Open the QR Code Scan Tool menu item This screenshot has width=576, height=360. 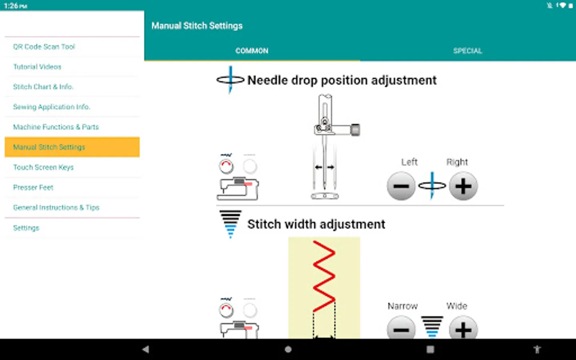click(x=44, y=47)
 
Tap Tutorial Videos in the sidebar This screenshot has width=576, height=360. click(x=37, y=67)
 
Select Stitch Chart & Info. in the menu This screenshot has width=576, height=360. click(x=43, y=87)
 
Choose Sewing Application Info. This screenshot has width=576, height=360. click(x=52, y=107)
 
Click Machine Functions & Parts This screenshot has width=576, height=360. click(x=56, y=127)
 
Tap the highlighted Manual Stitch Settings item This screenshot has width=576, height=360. click(x=72, y=147)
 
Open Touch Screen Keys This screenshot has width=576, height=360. click(x=43, y=167)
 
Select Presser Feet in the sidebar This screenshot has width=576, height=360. click(x=33, y=187)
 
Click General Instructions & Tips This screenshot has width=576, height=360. click(x=56, y=207)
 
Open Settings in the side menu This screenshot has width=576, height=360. click(x=26, y=228)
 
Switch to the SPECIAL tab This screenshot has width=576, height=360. click(x=468, y=51)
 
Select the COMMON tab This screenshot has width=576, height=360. click(x=252, y=51)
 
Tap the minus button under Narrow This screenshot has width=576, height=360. click(x=401, y=329)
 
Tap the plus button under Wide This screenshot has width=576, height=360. click(x=463, y=329)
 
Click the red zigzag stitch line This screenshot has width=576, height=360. click(x=324, y=276)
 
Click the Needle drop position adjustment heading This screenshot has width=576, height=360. click(x=342, y=80)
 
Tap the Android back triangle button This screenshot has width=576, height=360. click(x=146, y=349)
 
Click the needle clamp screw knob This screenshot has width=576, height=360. click(x=355, y=130)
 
